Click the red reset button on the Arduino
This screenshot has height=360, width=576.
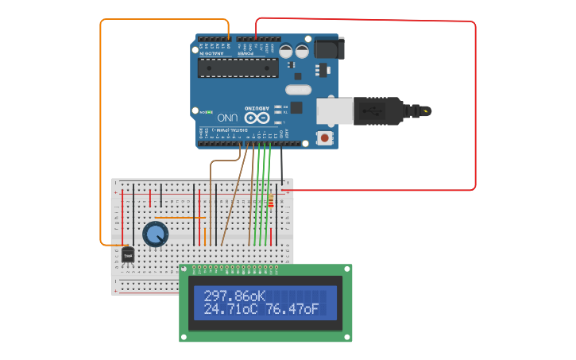coord(324,138)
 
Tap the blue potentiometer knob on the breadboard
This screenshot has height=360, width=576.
coord(156,234)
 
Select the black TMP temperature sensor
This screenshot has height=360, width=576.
coord(127,254)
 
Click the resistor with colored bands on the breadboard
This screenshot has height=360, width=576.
coord(271,200)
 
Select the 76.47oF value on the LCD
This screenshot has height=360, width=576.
coord(292,309)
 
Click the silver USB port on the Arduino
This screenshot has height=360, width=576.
coord(334,110)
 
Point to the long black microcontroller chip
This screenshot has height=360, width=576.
coord(238,67)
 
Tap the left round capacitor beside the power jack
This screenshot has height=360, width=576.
coord(285,51)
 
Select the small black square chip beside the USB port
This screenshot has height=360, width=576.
coord(296,107)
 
